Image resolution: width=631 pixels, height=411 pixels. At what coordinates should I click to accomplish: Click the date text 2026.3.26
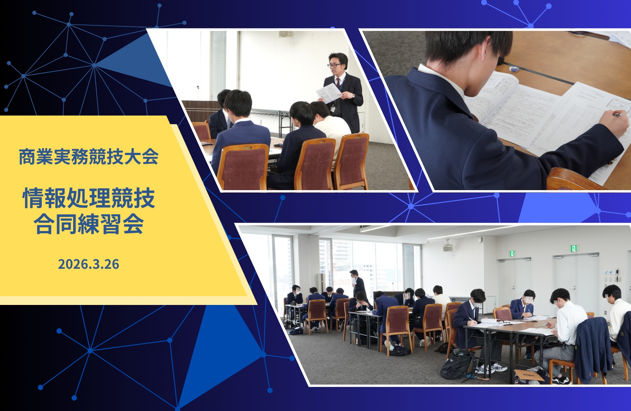89,264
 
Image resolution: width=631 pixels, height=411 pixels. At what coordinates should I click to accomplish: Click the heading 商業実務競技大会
89,157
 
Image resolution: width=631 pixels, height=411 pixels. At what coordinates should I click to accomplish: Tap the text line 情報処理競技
89,198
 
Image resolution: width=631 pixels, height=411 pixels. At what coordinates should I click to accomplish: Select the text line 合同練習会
89,224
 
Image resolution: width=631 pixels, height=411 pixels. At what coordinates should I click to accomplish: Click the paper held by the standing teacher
328,93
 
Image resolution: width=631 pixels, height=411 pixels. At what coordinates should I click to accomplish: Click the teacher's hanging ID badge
333,108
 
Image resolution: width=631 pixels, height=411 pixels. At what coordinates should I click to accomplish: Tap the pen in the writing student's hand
617,114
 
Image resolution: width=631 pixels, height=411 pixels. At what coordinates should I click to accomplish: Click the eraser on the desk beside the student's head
514,69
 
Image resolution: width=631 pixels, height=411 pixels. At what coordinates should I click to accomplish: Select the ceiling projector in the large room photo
448,248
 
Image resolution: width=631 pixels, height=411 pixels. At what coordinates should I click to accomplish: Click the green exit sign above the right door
574,249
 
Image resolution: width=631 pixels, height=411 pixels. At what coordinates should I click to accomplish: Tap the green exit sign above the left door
512,253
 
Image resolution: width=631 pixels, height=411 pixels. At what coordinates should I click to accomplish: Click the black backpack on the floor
455,364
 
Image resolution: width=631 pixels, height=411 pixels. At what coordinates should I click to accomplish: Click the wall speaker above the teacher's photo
286,34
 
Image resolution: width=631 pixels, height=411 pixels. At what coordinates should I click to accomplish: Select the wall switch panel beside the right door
609,272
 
